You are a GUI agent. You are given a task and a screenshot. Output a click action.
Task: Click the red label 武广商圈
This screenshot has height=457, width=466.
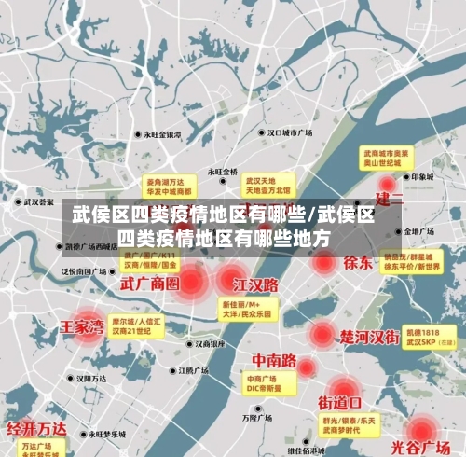(x=150, y=282)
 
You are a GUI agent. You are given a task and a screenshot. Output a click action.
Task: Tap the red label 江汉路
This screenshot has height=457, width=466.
(x=256, y=283)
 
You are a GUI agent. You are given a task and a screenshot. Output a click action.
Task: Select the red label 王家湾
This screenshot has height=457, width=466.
(x=82, y=326)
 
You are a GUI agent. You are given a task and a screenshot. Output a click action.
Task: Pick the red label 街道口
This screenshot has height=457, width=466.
(x=340, y=403)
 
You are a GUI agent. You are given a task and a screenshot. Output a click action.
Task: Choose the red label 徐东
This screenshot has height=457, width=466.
(x=358, y=262)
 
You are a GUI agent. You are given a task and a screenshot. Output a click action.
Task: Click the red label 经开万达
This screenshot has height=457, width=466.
(x=37, y=428)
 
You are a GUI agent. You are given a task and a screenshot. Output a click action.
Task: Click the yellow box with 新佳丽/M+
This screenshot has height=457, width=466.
(x=246, y=309)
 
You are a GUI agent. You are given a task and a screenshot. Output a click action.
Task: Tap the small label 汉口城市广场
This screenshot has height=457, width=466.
(x=291, y=133)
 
